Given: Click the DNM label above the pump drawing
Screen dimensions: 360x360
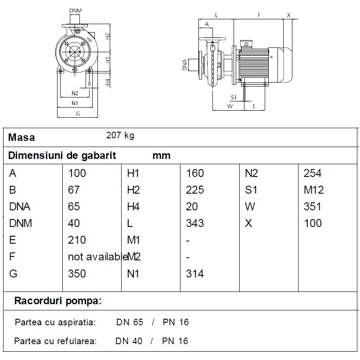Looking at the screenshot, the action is point(76,11).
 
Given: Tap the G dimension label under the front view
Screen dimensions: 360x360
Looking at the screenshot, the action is point(78,114).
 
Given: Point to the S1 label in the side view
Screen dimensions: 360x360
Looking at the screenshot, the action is point(234,97).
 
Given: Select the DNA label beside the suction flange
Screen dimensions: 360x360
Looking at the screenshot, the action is point(184,65).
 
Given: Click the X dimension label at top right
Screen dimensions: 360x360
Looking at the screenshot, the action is point(288,15).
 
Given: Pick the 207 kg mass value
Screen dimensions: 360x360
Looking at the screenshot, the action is point(120,136).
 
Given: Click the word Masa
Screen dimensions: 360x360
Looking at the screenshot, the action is point(22,137).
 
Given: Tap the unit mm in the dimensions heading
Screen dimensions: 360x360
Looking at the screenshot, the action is point(162,156).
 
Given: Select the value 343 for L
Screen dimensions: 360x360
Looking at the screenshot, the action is point(194,223).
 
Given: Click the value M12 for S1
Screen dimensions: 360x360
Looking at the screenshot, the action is point(313,190).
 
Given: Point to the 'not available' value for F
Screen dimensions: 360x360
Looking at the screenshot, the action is point(98,257).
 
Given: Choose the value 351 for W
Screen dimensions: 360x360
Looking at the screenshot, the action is point(313,206).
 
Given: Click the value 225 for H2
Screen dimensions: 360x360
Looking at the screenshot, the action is point(194,190).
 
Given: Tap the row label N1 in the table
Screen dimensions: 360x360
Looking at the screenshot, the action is point(133,274).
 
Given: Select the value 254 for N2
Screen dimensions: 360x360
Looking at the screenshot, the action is point(313,173).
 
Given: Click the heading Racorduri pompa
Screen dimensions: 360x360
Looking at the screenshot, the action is point(58,301).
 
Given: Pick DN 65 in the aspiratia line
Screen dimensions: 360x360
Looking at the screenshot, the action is point(130,322).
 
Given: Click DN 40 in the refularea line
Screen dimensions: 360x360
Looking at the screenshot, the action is point(129,341).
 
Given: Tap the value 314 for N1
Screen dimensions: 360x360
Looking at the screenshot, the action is point(194,274).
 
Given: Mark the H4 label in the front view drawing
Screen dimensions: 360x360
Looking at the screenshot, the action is point(108,82).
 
